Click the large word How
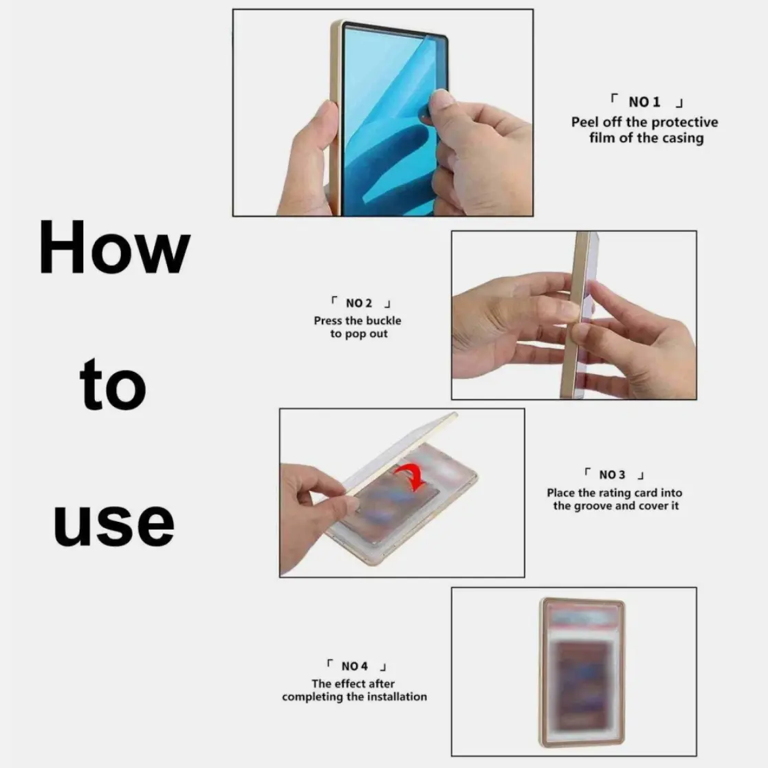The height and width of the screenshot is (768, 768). pyautogui.click(x=114, y=247)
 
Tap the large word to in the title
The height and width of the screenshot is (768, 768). pyautogui.click(x=113, y=384)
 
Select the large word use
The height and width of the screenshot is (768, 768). pyautogui.click(x=113, y=524)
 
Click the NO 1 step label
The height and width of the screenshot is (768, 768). pyautogui.click(x=644, y=102)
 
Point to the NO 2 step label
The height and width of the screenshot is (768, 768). pyautogui.click(x=359, y=303)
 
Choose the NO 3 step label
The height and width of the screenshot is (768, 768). pyautogui.click(x=612, y=474)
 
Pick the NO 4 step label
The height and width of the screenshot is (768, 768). pyautogui.click(x=355, y=666)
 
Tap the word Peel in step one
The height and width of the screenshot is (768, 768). pyautogui.click(x=585, y=122)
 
